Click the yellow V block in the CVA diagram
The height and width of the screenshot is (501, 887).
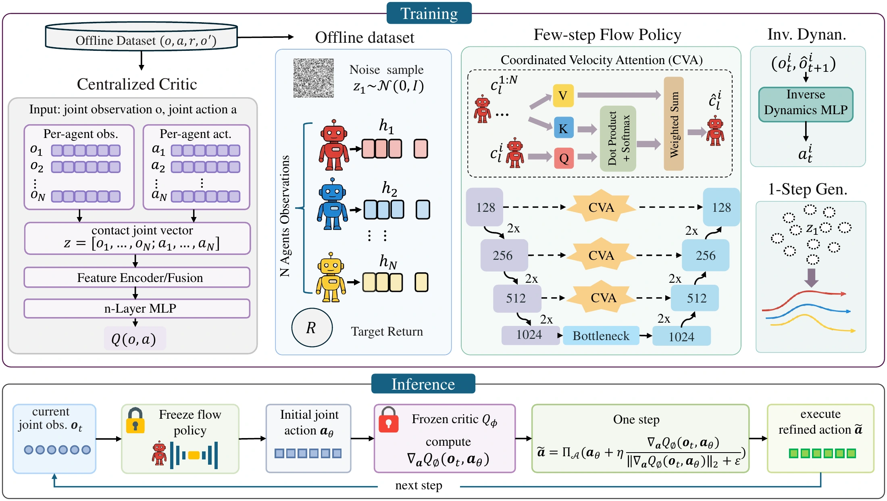point(563,96)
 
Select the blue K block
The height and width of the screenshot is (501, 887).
point(563,128)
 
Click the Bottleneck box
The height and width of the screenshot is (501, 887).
point(601,336)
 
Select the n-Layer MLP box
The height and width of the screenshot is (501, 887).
point(137,309)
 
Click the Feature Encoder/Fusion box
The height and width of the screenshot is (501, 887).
point(137,278)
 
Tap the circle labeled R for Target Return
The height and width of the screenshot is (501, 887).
point(312,328)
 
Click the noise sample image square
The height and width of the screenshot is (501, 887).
point(314,78)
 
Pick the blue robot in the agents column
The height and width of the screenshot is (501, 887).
point(332,205)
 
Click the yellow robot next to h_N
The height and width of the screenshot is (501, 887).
point(331,278)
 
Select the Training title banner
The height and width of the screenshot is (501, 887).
point(429,13)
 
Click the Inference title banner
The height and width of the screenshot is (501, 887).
point(423,384)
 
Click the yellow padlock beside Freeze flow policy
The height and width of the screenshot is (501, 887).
point(135,420)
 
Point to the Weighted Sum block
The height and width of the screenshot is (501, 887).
point(674,124)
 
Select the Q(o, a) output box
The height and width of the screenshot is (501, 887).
point(135,339)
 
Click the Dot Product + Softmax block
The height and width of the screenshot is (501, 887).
point(618,138)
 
